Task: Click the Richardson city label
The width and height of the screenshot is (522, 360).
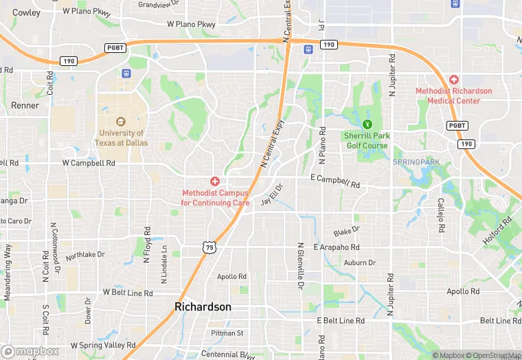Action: (203, 306)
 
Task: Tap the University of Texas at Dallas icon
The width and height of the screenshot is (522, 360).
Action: (121, 121)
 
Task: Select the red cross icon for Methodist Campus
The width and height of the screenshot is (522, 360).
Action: (215, 181)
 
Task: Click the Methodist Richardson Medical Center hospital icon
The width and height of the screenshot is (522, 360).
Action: (453, 80)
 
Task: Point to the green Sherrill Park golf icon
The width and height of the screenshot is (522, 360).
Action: (367, 124)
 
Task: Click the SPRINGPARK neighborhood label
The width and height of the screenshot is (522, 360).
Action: (416, 162)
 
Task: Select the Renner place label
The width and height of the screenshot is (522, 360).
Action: (25, 106)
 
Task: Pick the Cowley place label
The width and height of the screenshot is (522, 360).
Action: (26, 12)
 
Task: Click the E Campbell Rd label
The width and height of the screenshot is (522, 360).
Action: (335, 182)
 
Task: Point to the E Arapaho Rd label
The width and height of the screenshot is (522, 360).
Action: (337, 247)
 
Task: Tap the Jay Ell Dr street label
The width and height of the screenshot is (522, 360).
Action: (272, 194)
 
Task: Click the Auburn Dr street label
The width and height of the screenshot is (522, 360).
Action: (360, 262)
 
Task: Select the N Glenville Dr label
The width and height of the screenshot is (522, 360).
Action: (300, 265)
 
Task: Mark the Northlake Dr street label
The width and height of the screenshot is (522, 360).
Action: (85, 256)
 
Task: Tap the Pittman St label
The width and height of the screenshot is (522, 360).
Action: (227, 333)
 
